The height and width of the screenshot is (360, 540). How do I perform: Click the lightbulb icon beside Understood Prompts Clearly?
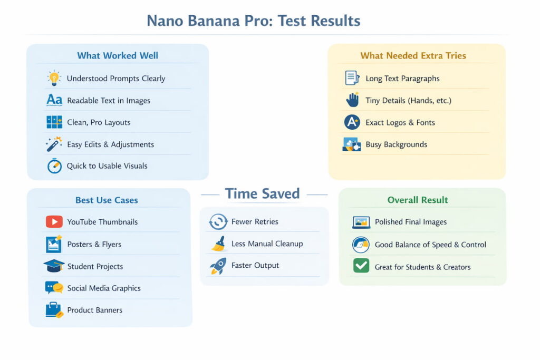54,78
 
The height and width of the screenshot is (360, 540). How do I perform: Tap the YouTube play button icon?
54,222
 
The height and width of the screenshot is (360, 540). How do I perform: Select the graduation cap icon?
54,266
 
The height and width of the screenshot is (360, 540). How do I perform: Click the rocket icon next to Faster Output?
218,266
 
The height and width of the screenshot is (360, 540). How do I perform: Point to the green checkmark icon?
361,266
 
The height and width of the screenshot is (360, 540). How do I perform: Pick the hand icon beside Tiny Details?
352,100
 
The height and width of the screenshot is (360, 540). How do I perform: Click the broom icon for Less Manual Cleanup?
218,244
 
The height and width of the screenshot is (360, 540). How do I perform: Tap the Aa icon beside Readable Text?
54,100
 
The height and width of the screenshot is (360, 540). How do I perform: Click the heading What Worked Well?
118,55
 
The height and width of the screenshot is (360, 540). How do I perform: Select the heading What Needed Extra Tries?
413,55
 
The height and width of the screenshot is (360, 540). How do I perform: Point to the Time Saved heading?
262,194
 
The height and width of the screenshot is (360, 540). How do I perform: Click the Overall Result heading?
418,200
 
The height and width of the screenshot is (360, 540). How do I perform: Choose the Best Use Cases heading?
107,200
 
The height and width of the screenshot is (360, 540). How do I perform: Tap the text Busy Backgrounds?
396,144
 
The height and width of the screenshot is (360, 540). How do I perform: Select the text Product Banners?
94,310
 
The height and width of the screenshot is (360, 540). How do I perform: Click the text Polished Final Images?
410,222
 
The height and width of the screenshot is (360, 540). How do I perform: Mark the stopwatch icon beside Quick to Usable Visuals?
54,166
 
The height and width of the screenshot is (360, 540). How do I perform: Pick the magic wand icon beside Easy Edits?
54,144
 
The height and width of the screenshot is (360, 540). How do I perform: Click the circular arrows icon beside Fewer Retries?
218,222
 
